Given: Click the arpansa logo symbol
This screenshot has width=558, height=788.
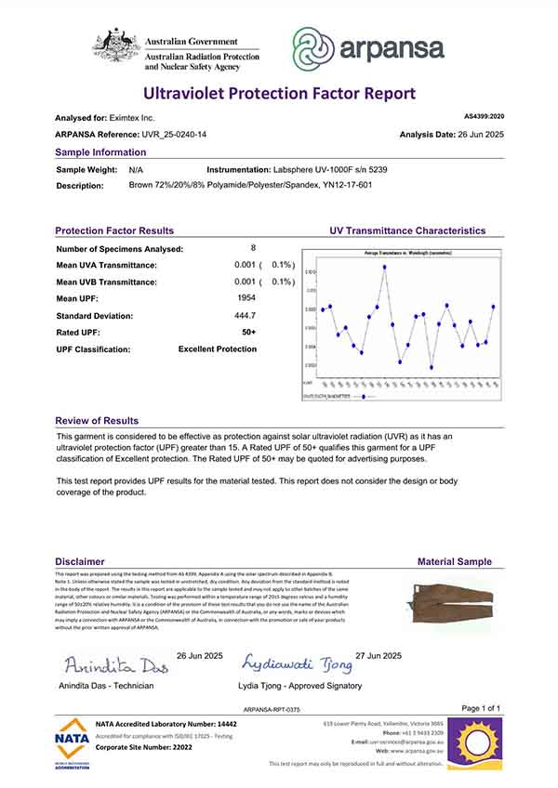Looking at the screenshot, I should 313,47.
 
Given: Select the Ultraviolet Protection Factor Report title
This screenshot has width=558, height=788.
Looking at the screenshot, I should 278,93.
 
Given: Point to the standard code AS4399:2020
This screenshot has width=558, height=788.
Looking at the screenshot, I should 483,117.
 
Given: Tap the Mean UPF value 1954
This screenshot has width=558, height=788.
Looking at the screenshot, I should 248,297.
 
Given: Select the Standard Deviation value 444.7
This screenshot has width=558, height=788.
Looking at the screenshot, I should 248,315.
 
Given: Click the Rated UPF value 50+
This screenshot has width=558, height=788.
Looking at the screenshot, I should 248,332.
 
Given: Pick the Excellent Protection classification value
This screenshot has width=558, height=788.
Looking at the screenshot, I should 217,349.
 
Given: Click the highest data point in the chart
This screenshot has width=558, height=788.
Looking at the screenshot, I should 384,267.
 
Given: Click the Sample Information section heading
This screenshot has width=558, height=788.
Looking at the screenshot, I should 100,152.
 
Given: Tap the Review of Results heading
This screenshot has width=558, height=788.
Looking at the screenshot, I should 97,421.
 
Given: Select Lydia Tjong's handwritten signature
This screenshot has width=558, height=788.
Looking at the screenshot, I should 298,663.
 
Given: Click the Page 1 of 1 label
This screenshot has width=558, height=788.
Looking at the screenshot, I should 481,708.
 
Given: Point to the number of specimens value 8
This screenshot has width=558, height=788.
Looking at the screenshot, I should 253,248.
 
